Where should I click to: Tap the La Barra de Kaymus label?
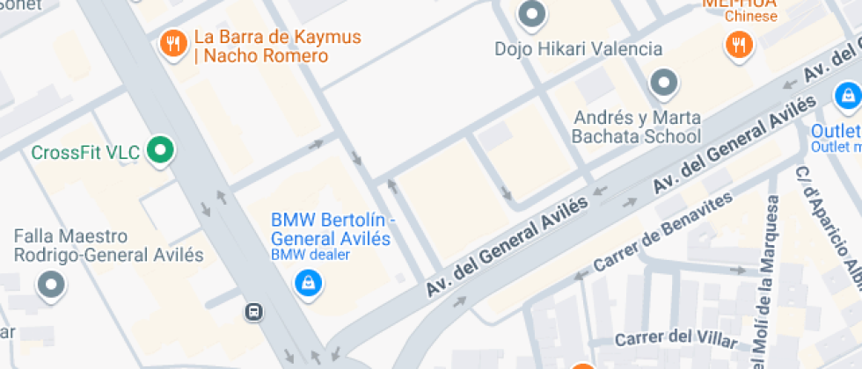277,47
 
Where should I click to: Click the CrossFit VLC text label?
85,153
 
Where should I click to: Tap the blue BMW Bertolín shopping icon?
307,281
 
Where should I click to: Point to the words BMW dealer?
310,255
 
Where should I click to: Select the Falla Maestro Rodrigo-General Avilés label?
108,246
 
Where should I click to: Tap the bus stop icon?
253,311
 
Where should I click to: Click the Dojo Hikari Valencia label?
578,48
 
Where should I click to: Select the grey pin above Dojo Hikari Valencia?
530,13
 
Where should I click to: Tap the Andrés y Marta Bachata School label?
636,127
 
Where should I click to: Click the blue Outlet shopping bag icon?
846,95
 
